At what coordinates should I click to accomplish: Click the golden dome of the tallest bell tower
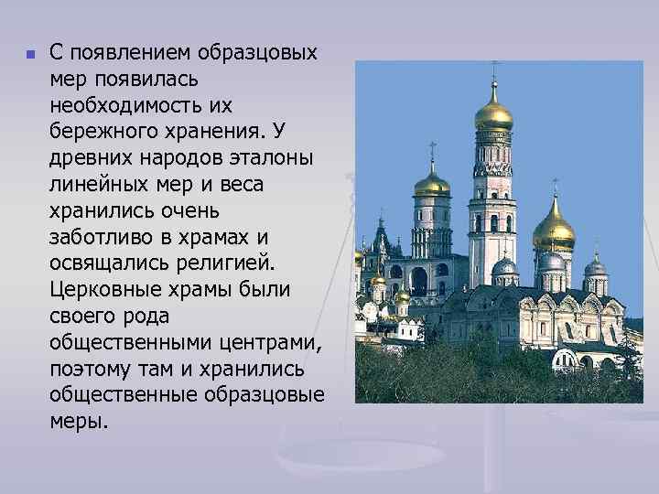tap(493, 113)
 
